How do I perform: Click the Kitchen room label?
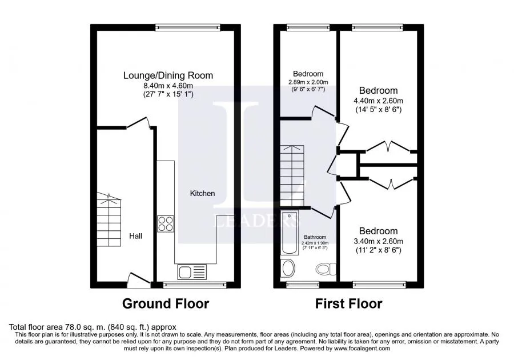(202, 194)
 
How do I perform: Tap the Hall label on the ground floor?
(135, 236)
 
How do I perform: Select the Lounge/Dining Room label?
(168, 75)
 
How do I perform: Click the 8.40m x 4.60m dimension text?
(168, 86)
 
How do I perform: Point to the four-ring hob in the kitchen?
(166, 223)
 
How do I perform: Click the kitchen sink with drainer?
(192, 272)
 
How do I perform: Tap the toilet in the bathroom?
(326, 269)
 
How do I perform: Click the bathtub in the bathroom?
(290, 233)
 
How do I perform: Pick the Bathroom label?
(315, 237)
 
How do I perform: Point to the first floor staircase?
(292, 175)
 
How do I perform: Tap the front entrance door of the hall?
(139, 281)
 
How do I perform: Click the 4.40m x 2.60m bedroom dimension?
(378, 101)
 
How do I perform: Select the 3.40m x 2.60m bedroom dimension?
(378, 241)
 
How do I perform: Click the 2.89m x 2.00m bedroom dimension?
(308, 82)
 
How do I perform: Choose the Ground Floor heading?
(166, 303)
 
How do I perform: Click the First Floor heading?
(349, 303)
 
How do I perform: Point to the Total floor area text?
(93, 327)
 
